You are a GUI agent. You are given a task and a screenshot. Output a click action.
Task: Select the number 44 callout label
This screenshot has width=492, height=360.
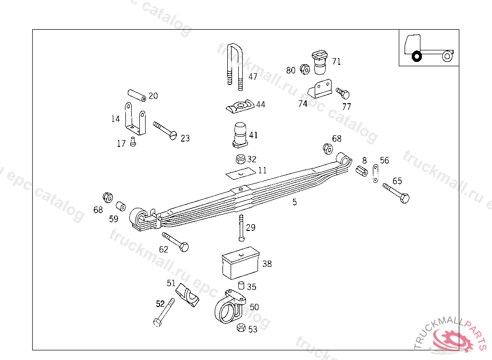(260, 105)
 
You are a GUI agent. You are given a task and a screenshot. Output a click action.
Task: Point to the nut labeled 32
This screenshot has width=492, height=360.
(241, 159)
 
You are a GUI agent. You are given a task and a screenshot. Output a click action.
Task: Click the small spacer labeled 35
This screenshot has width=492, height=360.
(241, 286)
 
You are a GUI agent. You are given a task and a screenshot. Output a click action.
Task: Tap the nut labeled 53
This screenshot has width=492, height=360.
(242, 328)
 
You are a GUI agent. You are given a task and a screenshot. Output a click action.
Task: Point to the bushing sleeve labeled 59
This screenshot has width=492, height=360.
(121, 206)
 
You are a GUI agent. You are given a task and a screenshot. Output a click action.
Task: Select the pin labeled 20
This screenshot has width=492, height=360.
(136, 95)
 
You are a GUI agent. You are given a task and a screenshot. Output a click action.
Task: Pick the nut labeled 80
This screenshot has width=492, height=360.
(304, 69)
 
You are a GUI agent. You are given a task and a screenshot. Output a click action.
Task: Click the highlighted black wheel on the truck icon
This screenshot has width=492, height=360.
(417, 57)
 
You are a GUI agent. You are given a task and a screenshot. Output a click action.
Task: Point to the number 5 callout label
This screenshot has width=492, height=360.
(295, 203)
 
